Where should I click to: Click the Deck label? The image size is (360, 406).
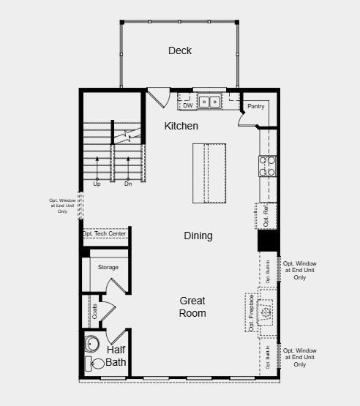click(179, 50)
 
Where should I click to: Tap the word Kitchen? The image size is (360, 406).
click(181, 126)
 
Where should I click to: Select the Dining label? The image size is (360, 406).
click(198, 236)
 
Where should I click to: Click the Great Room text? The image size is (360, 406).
click(193, 307)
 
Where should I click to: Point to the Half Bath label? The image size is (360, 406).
click(116, 356)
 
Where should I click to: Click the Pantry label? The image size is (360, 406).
click(255, 107)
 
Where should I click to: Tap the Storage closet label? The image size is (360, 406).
click(108, 267)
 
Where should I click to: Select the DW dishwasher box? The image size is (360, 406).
click(187, 105)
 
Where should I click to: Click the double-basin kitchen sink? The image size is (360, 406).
click(210, 102)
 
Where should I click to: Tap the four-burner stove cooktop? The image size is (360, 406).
click(267, 167)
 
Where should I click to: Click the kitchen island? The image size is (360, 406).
click(210, 173)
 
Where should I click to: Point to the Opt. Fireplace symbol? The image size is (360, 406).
click(266, 311)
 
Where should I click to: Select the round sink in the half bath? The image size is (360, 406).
click(93, 343)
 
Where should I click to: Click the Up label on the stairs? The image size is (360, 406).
click(97, 184)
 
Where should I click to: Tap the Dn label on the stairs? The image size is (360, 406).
click(127, 184)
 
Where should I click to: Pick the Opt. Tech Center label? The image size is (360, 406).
click(105, 234)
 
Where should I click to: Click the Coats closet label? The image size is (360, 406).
click(94, 310)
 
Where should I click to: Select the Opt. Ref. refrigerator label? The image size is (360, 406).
click(266, 217)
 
